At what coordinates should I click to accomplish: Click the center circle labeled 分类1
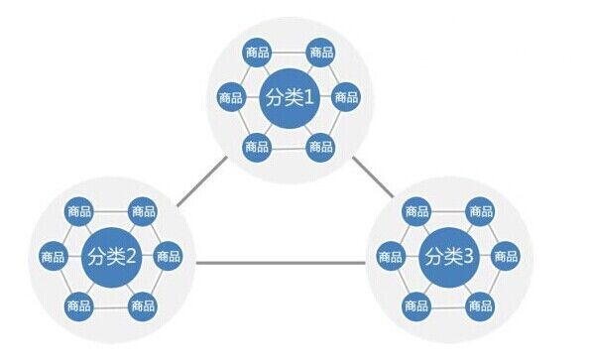(x=290, y=98)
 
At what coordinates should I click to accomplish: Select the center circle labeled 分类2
(x=112, y=258)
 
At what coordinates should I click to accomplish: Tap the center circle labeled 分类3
(x=449, y=258)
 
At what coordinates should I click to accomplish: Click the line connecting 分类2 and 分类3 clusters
(x=281, y=263)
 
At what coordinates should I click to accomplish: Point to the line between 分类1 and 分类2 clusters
(x=202, y=181)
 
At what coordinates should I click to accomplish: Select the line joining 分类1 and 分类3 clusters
(x=373, y=178)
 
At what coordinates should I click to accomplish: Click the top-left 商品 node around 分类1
(x=258, y=52)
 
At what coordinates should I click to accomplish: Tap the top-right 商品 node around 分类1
(x=321, y=52)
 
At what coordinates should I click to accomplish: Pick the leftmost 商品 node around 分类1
(x=231, y=97)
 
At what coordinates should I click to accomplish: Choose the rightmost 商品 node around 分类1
(x=346, y=97)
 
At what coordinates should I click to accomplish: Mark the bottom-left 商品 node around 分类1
(x=257, y=147)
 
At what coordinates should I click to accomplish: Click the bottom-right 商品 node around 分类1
(x=321, y=147)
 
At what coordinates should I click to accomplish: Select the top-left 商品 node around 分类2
(x=79, y=211)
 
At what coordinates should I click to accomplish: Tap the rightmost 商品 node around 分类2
(x=169, y=256)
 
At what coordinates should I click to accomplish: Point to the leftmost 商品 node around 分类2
(x=53, y=257)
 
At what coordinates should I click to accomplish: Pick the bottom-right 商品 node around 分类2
(x=143, y=305)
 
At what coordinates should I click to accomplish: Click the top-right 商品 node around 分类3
(x=481, y=211)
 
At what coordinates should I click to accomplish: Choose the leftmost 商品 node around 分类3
(x=390, y=257)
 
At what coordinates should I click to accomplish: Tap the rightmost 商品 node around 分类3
(x=506, y=256)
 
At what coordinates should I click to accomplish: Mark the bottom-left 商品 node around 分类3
(x=416, y=305)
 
